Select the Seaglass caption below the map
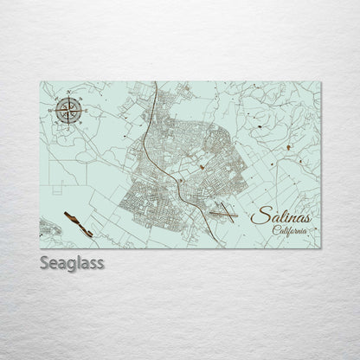[71, 261]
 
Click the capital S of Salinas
[255, 215]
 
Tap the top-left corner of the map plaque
[41, 81]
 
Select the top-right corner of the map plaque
[319, 81]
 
